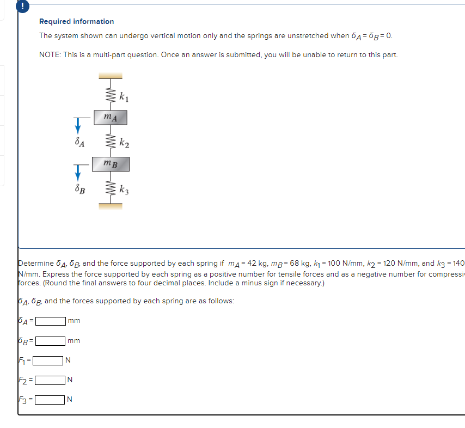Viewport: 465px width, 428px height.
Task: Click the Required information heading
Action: coord(76,21)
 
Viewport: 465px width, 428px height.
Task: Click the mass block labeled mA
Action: coord(111,117)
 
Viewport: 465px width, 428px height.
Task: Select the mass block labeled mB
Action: coord(111,163)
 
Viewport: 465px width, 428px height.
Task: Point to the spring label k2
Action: coord(124,144)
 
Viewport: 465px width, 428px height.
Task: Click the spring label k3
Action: coord(124,190)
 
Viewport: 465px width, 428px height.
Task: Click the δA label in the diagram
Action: coord(79,144)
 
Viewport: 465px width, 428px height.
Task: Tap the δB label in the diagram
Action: coord(79,190)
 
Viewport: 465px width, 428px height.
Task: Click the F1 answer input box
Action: coord(48,360)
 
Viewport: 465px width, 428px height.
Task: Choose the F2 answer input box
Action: coord(50,380)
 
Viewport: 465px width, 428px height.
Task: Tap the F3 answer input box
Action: coord(50,400)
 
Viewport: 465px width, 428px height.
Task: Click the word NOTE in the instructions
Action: coord(50,55)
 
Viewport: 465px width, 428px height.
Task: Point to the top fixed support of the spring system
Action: coord(111,76)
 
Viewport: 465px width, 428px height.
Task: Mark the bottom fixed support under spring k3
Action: coord(111,205)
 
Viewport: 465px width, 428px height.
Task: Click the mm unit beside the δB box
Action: coord(74,341)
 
